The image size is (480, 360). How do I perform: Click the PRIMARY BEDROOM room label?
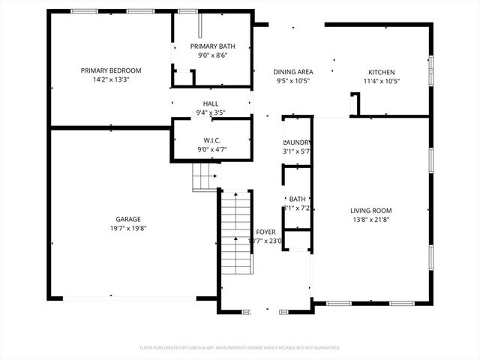[111, 70]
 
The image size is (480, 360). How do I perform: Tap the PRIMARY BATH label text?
[211, 46]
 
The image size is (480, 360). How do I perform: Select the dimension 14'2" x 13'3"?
[111, 79]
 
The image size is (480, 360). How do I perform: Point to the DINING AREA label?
[293, 72]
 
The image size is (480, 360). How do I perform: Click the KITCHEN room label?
[380, 72]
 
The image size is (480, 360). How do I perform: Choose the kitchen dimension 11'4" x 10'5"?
[380, 81]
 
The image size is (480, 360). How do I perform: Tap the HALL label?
[211, 103]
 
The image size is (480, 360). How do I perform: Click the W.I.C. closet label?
[211, 140]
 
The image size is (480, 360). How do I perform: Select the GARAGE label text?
[128, 219]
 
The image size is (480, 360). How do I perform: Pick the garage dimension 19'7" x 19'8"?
[128, 228]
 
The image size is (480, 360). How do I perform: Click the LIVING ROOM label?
[371, 211]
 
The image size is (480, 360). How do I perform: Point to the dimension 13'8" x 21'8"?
[371, 220]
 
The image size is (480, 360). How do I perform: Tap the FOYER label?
[265, 232]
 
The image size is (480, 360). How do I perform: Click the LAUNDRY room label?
[298, 142]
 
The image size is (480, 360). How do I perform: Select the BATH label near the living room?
[298, 199]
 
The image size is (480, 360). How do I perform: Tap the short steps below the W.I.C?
[204, 178]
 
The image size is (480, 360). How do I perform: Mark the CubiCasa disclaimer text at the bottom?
[240, 347]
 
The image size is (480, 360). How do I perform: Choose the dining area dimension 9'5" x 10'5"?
[293, 81]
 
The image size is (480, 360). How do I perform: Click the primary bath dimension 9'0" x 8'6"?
[211, 55]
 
